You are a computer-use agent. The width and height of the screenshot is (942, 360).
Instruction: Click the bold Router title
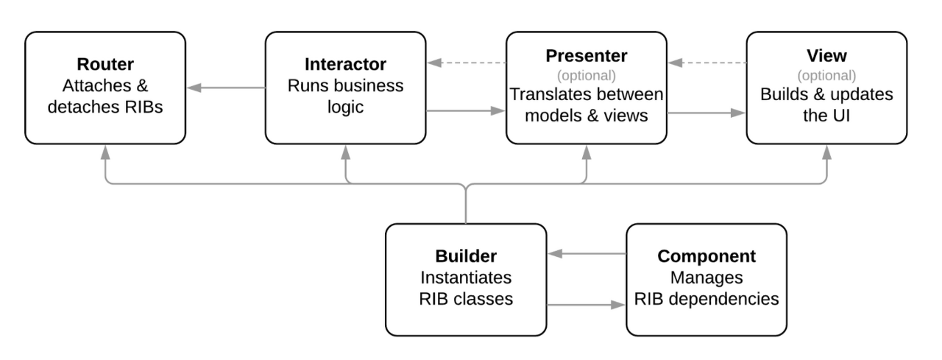pyautogui.click(x=105, y=64)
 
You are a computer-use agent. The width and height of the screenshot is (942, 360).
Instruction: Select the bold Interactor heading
pyautogui.click(x=345, y=64)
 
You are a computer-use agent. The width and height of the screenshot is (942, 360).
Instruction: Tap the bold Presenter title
pyautogui.click(x=587, y=56)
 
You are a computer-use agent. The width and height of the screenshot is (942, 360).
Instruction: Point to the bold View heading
pyautogui.click(x=826, y=56)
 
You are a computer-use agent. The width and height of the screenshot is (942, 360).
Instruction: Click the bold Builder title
pyautogui.click(x=466, y=256)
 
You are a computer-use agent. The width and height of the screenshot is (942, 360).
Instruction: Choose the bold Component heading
pyautogui.click(x=706, y=256)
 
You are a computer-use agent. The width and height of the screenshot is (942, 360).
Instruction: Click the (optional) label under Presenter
pyautogui.click(x=587, y=76)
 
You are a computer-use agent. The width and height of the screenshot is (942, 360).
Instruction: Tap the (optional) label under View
pyautogui.click(x=826, y=76)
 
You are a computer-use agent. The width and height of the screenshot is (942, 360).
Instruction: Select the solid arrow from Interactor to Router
pyautogui.click(x=226, y=88)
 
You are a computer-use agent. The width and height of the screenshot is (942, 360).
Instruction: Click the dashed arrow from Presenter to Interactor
pyautogui.click(x=467, y=63)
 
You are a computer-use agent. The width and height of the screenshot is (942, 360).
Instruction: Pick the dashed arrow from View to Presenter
pyautogui.click(x=707, y=63)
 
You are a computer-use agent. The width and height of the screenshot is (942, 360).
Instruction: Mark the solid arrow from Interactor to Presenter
pyautogui.click(x=466, y=110)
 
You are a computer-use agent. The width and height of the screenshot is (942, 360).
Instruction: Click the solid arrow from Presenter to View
pyautogui.click(x=706, y=113)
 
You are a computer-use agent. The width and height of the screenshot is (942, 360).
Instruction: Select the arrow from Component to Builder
pyautogui.click(x=587, y=253)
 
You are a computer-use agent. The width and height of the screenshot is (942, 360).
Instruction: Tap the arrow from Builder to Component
pyautogui.click(x=586, y=305)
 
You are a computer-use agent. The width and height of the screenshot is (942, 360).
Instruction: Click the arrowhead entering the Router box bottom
pyautogui.click(x=105, y=152)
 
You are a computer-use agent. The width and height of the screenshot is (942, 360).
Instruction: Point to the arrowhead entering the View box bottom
pyautogui.click(x=826, y=152)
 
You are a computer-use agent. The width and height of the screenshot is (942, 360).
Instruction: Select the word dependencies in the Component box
pyautogui.click(x=723, y=300)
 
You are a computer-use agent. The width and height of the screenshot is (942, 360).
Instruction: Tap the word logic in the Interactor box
pyautogui.click(x=345, y=107)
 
